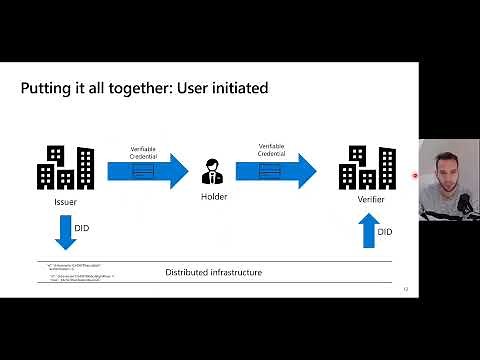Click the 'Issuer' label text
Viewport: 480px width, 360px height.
tap(66, 203)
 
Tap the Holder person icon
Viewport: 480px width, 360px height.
tap(213, 171)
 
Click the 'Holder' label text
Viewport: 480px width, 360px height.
tap(213, 197)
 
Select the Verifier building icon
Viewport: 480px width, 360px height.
tap(367, 169)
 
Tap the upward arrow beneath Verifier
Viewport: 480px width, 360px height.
tap(367, 232)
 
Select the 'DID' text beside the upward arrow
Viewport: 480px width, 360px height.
tap(385, 232)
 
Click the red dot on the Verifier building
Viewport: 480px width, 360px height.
tap(415, 175)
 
